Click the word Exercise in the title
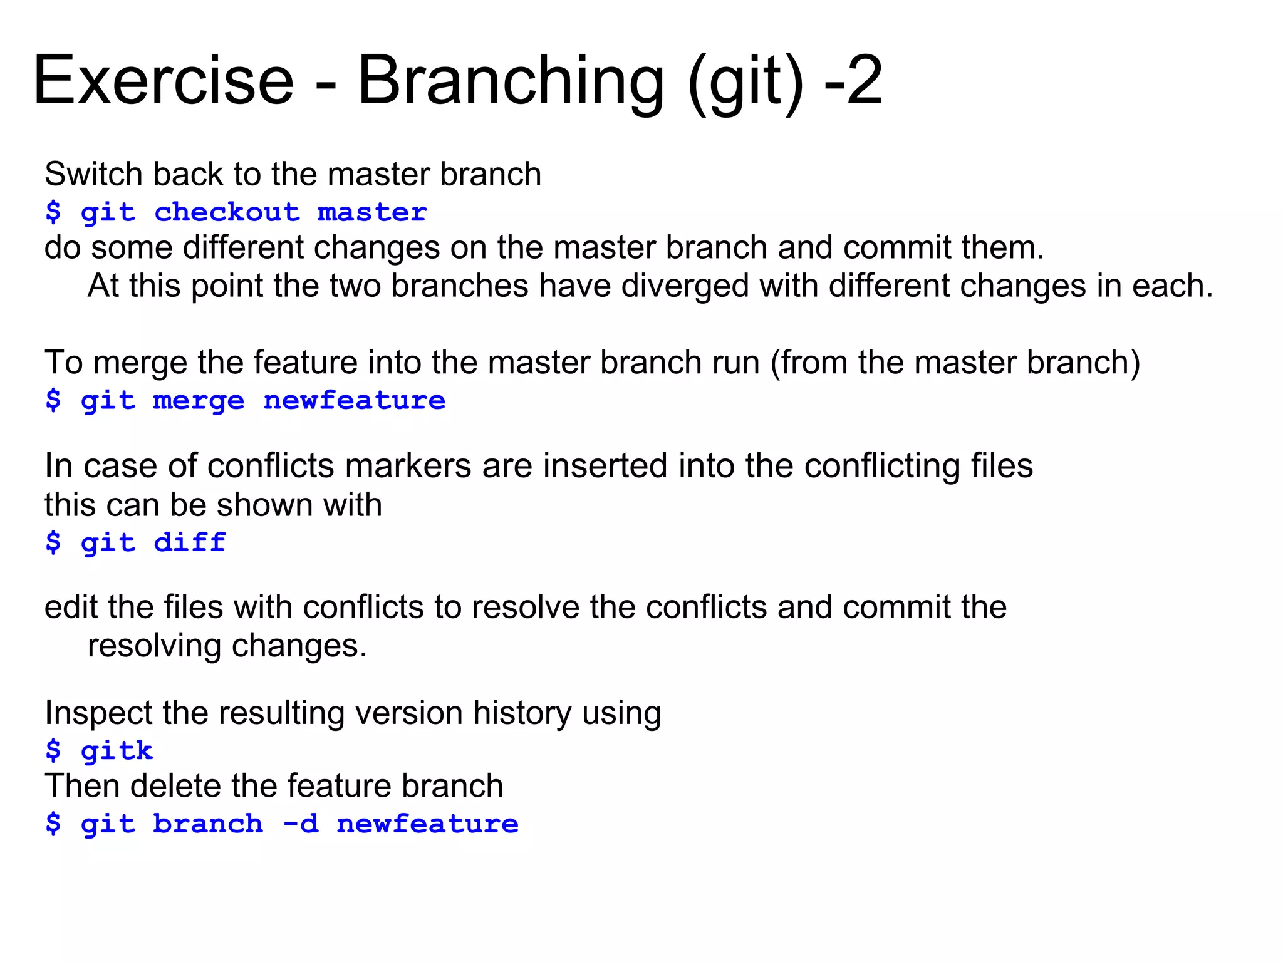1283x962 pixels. (x=163, y=81)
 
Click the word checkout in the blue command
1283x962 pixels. (x=227, y=212)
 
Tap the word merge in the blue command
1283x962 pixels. (x=199, y=401)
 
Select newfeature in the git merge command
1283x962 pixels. (x=355, y=401)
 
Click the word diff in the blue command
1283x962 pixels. (x=190, y=542)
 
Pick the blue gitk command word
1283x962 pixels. (x=117, y=750)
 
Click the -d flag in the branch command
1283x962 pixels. (x=301, y=824)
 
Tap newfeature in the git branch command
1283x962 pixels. (x=427, y=824)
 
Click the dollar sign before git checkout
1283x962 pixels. (x=53, y=212)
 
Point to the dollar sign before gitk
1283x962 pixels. (x=53, y=750)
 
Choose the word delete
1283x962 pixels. (x=176, y=786)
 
